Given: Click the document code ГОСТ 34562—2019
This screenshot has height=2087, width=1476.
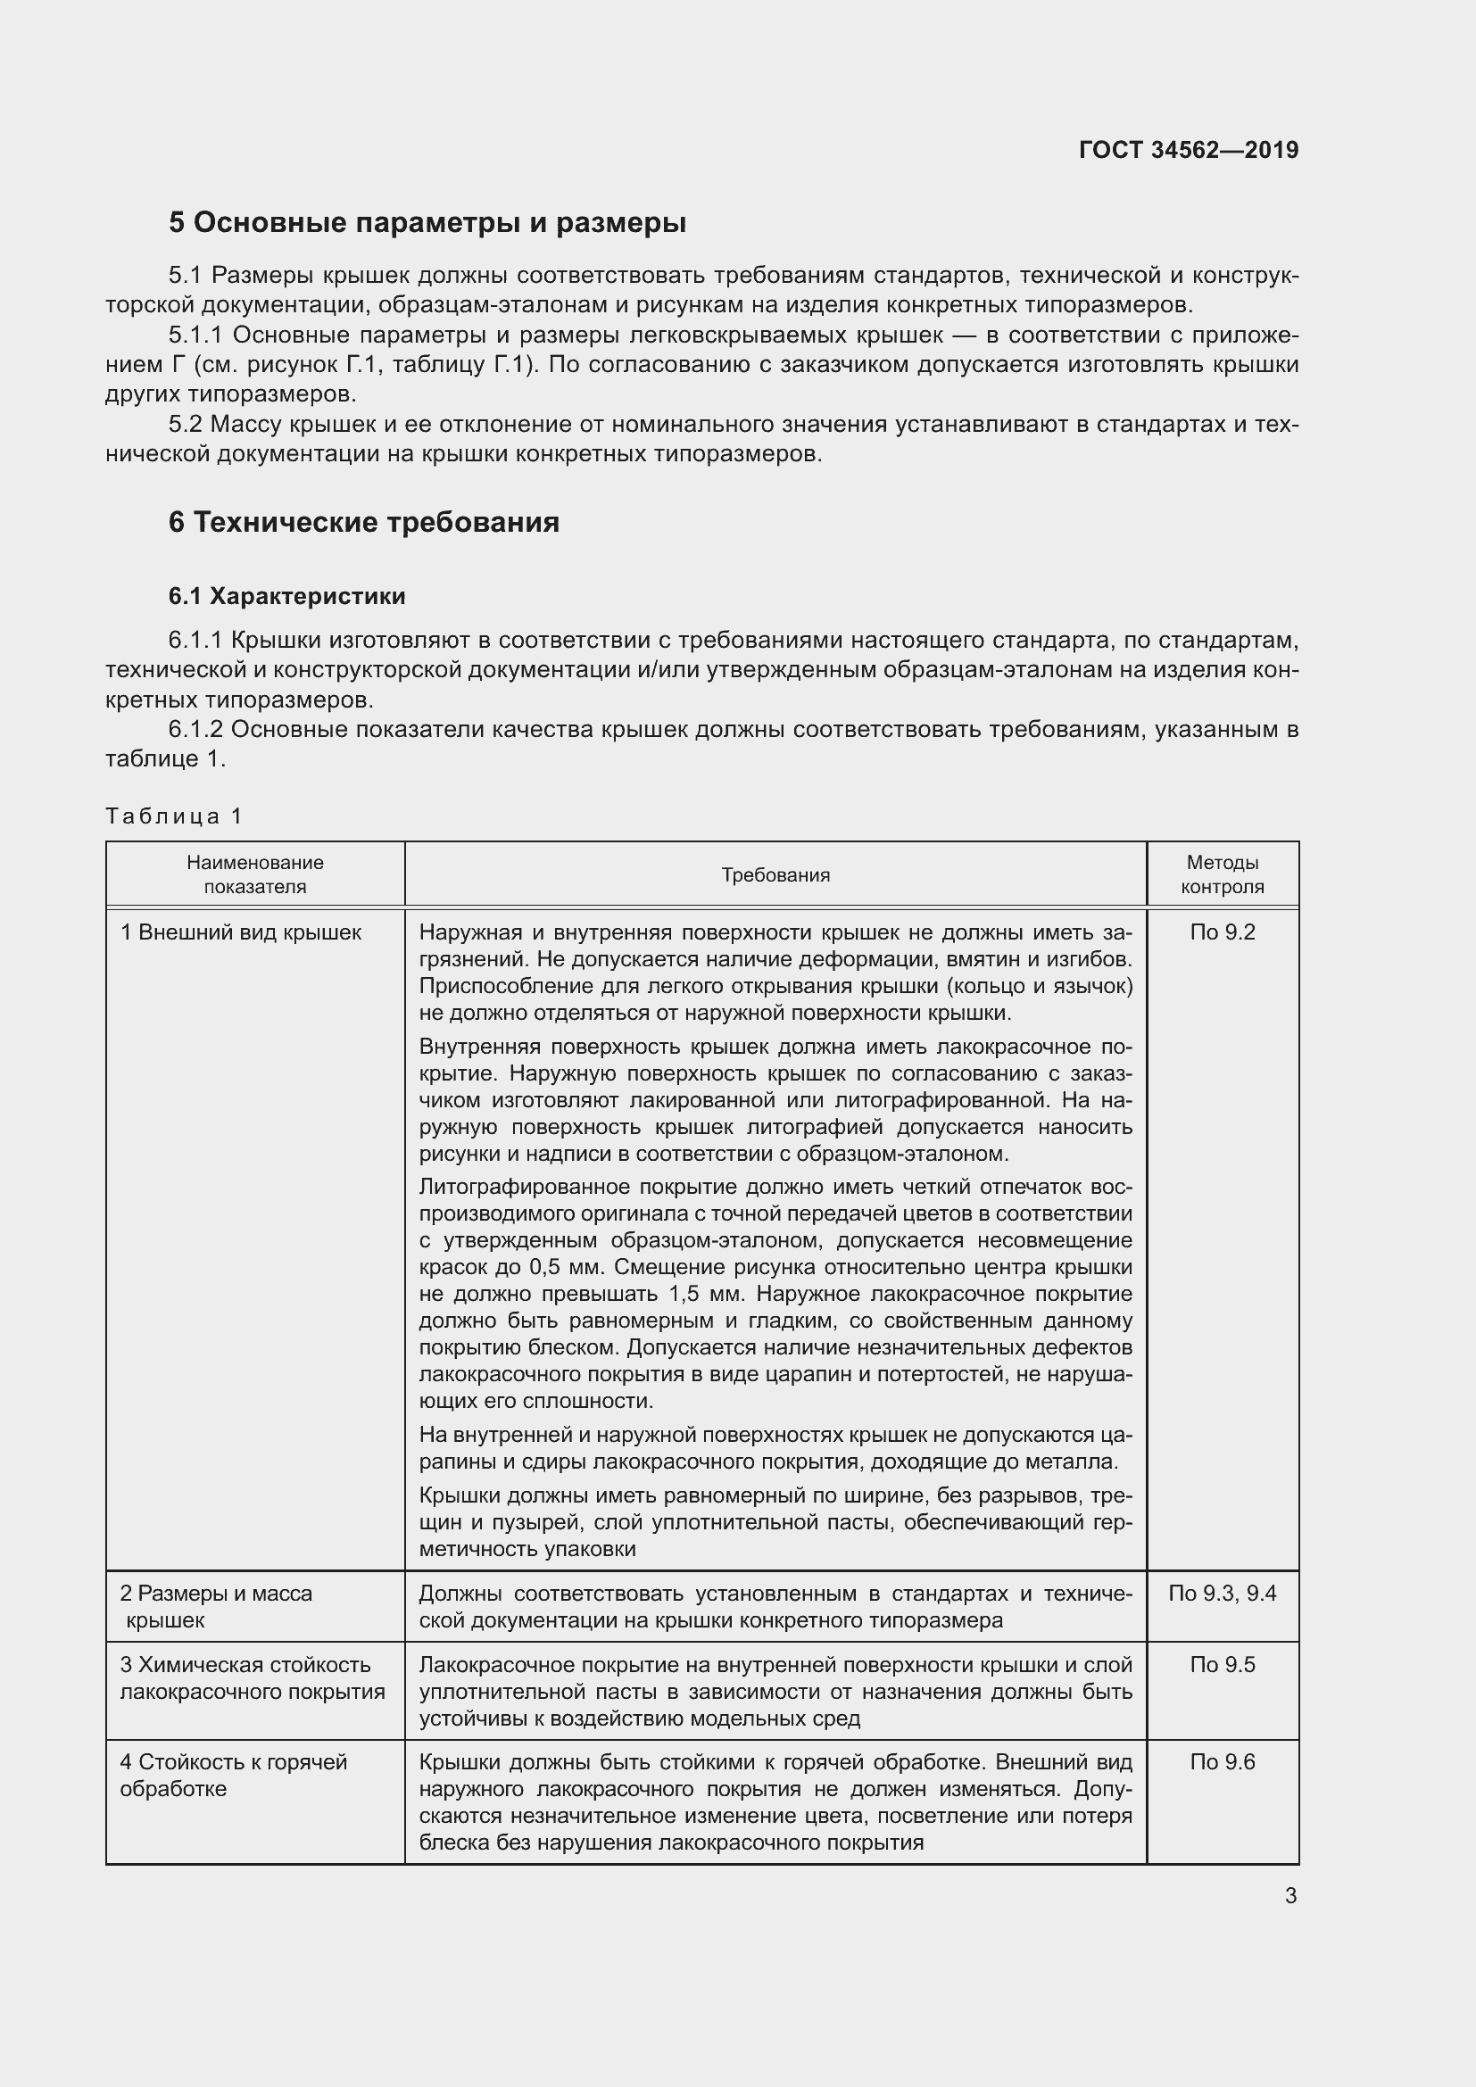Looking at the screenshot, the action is coord(1188,150).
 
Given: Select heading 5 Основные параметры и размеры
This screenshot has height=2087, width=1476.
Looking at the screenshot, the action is coord(427,223).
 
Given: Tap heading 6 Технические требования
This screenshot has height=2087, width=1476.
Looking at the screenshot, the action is coord(363,523).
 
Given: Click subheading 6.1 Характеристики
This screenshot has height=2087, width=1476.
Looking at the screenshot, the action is coord(286,596).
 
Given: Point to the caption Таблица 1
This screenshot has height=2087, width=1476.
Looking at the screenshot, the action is coord(174,816).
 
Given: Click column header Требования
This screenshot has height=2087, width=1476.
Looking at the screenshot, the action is coord(775,874).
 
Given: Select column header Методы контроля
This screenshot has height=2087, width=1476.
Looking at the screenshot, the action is coord(1222,874).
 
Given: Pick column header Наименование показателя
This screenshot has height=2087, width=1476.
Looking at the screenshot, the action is coord(254,874).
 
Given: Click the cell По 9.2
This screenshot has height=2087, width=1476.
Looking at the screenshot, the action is coord(1222,932).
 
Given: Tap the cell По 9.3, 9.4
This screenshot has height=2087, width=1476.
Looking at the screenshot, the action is coord(1222,1593).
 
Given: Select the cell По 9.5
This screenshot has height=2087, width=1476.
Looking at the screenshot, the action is coord(1222,1664).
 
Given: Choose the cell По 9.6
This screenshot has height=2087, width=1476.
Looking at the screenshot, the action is coord(1222,1761).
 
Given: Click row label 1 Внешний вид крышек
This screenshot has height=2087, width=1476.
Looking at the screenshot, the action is coord(241,932).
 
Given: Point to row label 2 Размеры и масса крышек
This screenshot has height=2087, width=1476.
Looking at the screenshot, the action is coord(215,1605).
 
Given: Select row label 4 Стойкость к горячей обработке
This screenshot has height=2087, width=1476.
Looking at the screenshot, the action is coord(234,1775).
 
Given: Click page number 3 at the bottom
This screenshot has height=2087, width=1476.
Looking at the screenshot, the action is coord(1290,1896).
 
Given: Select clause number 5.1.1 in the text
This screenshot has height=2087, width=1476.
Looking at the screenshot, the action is coord(195,335).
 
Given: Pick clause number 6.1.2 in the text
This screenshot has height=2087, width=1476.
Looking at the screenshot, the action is coord(195,729).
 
